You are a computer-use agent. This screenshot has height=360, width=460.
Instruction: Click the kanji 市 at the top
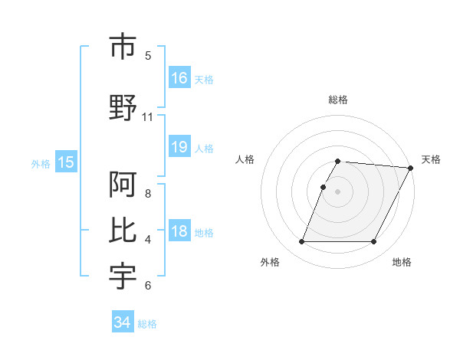tap(123, 47)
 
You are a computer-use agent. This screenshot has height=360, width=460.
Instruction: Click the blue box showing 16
tap(179, 78)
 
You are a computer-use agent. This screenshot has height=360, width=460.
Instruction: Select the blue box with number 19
tap(179, 147)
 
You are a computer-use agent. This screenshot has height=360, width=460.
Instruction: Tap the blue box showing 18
tap(179, 232)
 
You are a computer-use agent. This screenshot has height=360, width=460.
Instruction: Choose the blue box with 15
tap(65, 162)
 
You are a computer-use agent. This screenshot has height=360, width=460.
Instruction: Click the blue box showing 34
tap(122, 322)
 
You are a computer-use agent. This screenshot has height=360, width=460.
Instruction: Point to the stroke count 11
tap(148, 117)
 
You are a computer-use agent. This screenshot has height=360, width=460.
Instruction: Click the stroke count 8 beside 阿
tap(148, 194)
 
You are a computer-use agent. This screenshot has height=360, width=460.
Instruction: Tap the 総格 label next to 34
tap(147, 324)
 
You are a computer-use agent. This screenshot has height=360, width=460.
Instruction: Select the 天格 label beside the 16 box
tap(204, 79)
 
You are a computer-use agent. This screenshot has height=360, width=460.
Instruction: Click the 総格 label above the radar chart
tap(338, 100)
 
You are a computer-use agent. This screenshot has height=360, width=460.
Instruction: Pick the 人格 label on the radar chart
tap(245, 159)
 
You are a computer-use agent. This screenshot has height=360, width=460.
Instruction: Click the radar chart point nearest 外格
tap(301, 242)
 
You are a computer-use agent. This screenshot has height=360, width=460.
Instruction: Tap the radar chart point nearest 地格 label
tap(374, 242)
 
